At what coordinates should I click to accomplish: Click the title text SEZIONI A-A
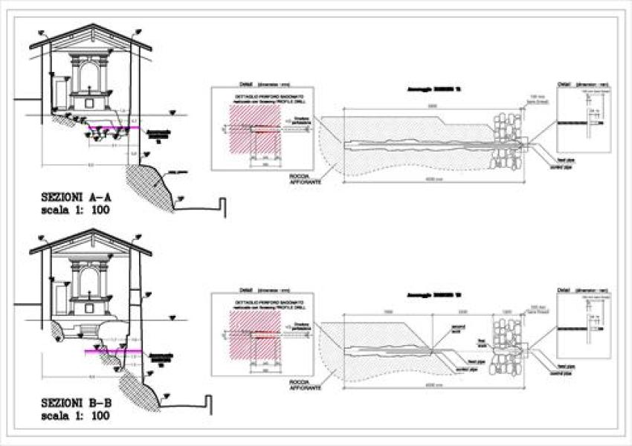[77, 198]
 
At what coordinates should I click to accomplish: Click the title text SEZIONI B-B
[77, 403]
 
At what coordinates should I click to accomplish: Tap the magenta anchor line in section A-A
[115, 129]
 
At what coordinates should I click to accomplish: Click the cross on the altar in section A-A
[89, 90]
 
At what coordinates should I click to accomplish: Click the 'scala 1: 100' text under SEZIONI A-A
[77, 211]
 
